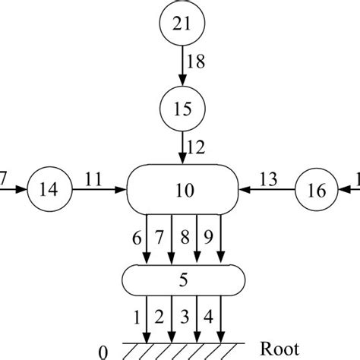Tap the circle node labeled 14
click(46, 190)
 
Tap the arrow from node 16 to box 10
click(266, 191)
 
